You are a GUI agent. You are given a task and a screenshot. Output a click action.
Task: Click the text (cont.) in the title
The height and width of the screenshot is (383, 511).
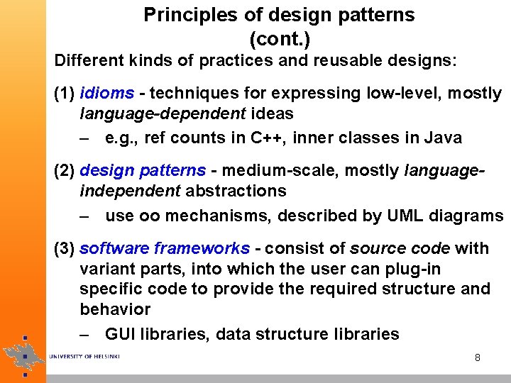[280, 36]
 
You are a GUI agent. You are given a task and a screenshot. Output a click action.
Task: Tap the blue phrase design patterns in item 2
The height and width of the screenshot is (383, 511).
[143, 171]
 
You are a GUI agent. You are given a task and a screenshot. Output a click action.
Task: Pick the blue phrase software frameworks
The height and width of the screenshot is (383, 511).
[165, 249]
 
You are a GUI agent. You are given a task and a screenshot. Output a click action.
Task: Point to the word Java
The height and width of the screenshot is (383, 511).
[444, 138]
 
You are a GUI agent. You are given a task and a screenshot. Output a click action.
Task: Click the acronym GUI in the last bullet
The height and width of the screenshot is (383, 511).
[120, 334]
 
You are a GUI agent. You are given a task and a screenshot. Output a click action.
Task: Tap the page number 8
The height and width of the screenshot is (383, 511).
[478, 358]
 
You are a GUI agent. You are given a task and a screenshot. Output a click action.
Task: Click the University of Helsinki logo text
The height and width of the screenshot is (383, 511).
[84, 356]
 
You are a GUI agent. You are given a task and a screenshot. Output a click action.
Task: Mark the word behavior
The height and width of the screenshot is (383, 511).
[115, 310]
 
